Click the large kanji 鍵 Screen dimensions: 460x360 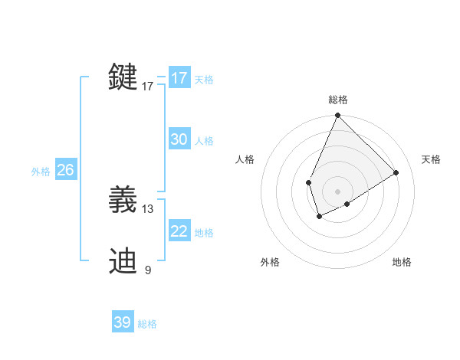tap(124, 77)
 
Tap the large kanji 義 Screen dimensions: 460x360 tap(124, 200)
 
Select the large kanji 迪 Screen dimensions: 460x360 tap(124, 260)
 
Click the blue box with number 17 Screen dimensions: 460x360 tap(179, 78)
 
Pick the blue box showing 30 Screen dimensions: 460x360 tap(179, 139)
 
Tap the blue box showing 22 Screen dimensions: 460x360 tap(179, 231)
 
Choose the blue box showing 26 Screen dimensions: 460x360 tap(65, 170)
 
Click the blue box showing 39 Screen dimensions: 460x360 tap(123, 322)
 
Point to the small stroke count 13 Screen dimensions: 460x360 tap(148, 208)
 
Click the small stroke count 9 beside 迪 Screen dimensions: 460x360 tap(148, 270)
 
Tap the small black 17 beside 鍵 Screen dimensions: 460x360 tap(148, 87)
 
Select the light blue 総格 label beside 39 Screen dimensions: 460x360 tap(147, 324)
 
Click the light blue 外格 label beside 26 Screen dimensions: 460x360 tap(41, 172)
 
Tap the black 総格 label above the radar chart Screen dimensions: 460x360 tap(337, 100)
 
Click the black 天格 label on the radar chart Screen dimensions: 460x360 tap(431, 159)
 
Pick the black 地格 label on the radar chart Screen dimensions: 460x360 tap(402, 262)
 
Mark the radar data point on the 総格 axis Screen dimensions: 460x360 tap(337, 116)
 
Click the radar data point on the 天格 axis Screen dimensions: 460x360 tap(396, 172)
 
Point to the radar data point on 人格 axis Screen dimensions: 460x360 tap(308, 182)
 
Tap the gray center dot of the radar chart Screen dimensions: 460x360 tap(337, 191)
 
